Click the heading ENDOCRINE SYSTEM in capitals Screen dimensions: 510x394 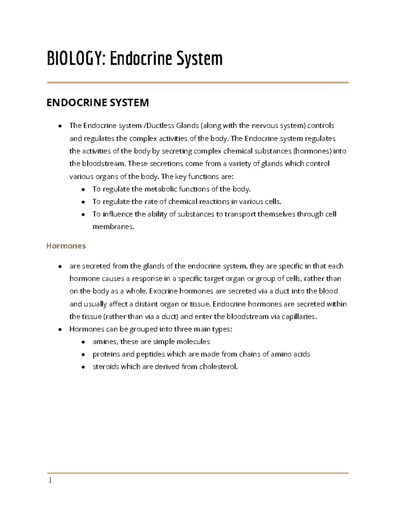point(98,102)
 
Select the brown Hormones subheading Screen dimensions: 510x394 point(66,246)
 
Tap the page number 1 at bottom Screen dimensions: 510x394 point(50,480)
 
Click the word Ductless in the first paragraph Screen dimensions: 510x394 point(160,126)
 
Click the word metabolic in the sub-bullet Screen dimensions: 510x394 point(161,189)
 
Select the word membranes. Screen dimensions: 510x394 point(113,227)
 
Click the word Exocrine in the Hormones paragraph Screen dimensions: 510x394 point(163,291)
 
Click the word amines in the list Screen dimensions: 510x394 point(105,342)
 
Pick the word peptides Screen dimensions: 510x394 point(150,354)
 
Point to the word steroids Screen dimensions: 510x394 point(106,367)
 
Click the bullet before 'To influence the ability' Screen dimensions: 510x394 point(83,214)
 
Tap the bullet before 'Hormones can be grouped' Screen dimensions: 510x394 point(60,329)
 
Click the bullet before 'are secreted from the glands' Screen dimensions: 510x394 point(60,266)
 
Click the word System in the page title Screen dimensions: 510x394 point(199,59)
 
